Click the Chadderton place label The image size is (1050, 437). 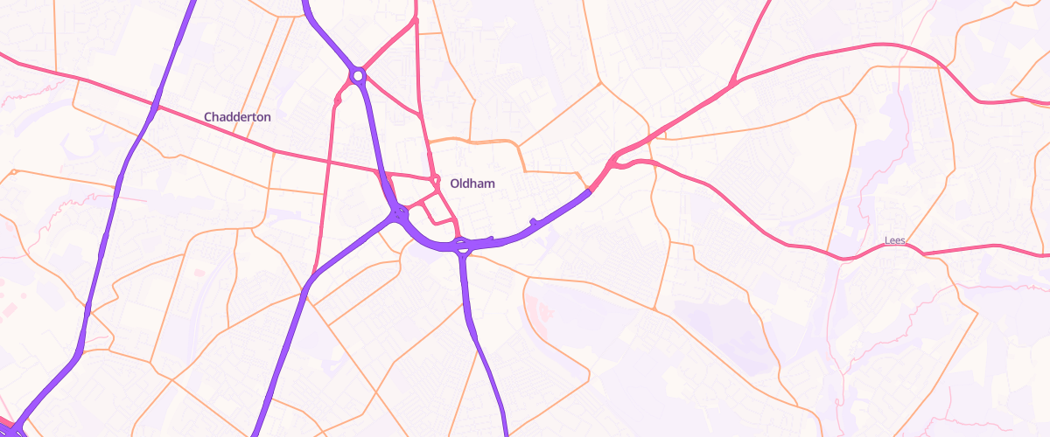tap(237, 116)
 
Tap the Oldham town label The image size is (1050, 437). tap(472, 184)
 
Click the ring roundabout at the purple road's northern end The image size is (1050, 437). tap(357, 76)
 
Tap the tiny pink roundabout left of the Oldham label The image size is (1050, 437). tap(436, 181)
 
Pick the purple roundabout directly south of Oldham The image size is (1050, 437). tap(461, 246)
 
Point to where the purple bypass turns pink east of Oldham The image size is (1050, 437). tap(590, 191)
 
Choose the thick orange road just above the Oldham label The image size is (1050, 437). tap(472, 141)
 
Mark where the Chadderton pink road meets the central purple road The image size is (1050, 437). tap(381, 172)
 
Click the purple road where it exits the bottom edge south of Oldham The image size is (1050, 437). tap(507, 432)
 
